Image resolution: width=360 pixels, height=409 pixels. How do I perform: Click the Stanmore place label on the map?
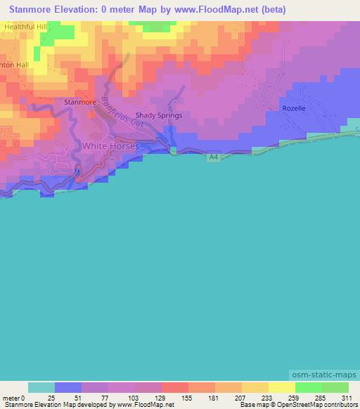[79, 102]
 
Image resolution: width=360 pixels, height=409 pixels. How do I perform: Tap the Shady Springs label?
[158, 115]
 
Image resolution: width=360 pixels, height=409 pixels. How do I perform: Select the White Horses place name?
[111, 145]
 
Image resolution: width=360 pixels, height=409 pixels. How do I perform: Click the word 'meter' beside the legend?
[9, 397]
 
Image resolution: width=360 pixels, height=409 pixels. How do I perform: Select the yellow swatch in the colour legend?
[282, 387]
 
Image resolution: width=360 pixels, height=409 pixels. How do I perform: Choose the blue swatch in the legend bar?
[68, 387]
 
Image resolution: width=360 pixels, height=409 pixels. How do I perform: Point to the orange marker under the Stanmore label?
[89, 113]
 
